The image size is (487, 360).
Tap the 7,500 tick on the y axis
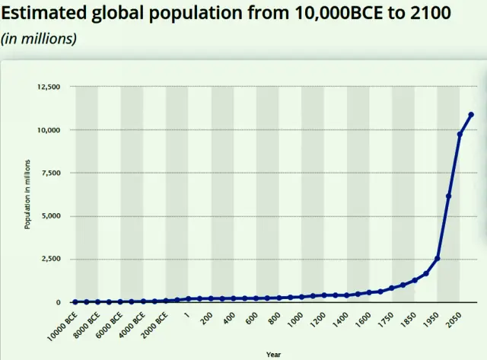(49, 173)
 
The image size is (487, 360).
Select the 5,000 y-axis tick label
(49, 216)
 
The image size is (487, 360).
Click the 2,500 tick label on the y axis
(49, 259)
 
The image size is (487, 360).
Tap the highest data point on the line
(471, 115)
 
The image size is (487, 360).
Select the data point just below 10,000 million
(460, 134)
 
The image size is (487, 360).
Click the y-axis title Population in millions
(27, 194)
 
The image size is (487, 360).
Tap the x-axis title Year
(273, 354)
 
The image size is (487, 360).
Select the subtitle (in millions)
(39, 39)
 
